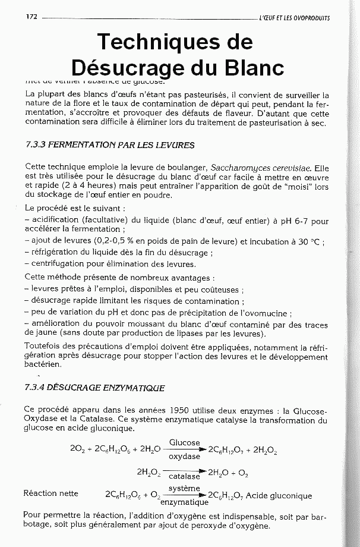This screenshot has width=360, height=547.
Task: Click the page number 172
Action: point(32,16)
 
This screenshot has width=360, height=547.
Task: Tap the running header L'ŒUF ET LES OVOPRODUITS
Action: point(294,17)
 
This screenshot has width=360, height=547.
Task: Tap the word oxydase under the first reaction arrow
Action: point(184,457)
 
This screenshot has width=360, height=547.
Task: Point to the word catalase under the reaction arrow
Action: point(185,476)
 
